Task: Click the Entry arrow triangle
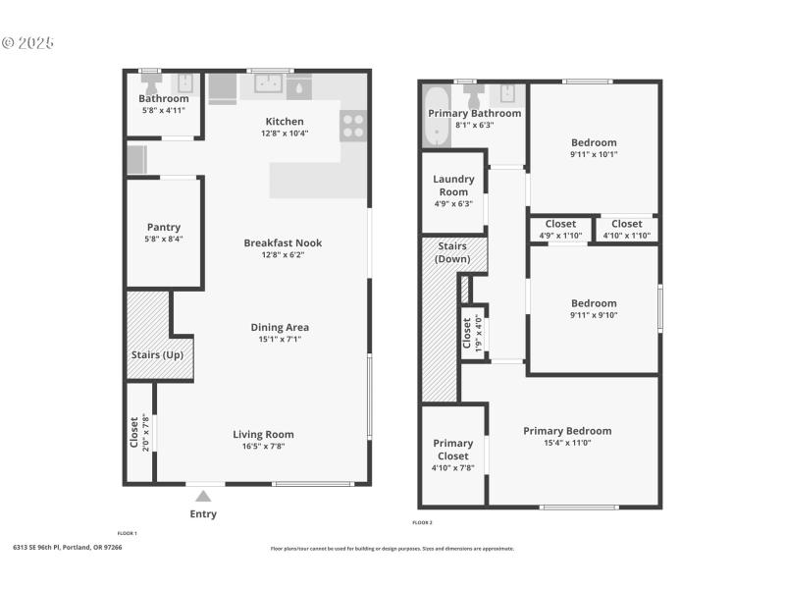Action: [203, 497]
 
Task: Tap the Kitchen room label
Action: [285, 122]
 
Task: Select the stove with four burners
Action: [353, 126]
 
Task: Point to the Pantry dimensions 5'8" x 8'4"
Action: [163, 239]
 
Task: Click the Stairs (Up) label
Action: [156, 355]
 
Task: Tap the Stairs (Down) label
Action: [453, 252]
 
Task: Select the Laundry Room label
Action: [453, 186]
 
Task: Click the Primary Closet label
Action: [453, 449]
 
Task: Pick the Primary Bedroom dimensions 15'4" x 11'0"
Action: [567, 443]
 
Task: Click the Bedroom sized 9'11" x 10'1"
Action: [594, 148]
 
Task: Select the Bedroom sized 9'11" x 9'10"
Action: [594, 309]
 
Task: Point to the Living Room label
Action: [263, 434]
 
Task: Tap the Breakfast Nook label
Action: [283, 243]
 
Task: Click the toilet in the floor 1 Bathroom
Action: [183, 83]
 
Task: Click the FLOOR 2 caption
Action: [422, 522]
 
